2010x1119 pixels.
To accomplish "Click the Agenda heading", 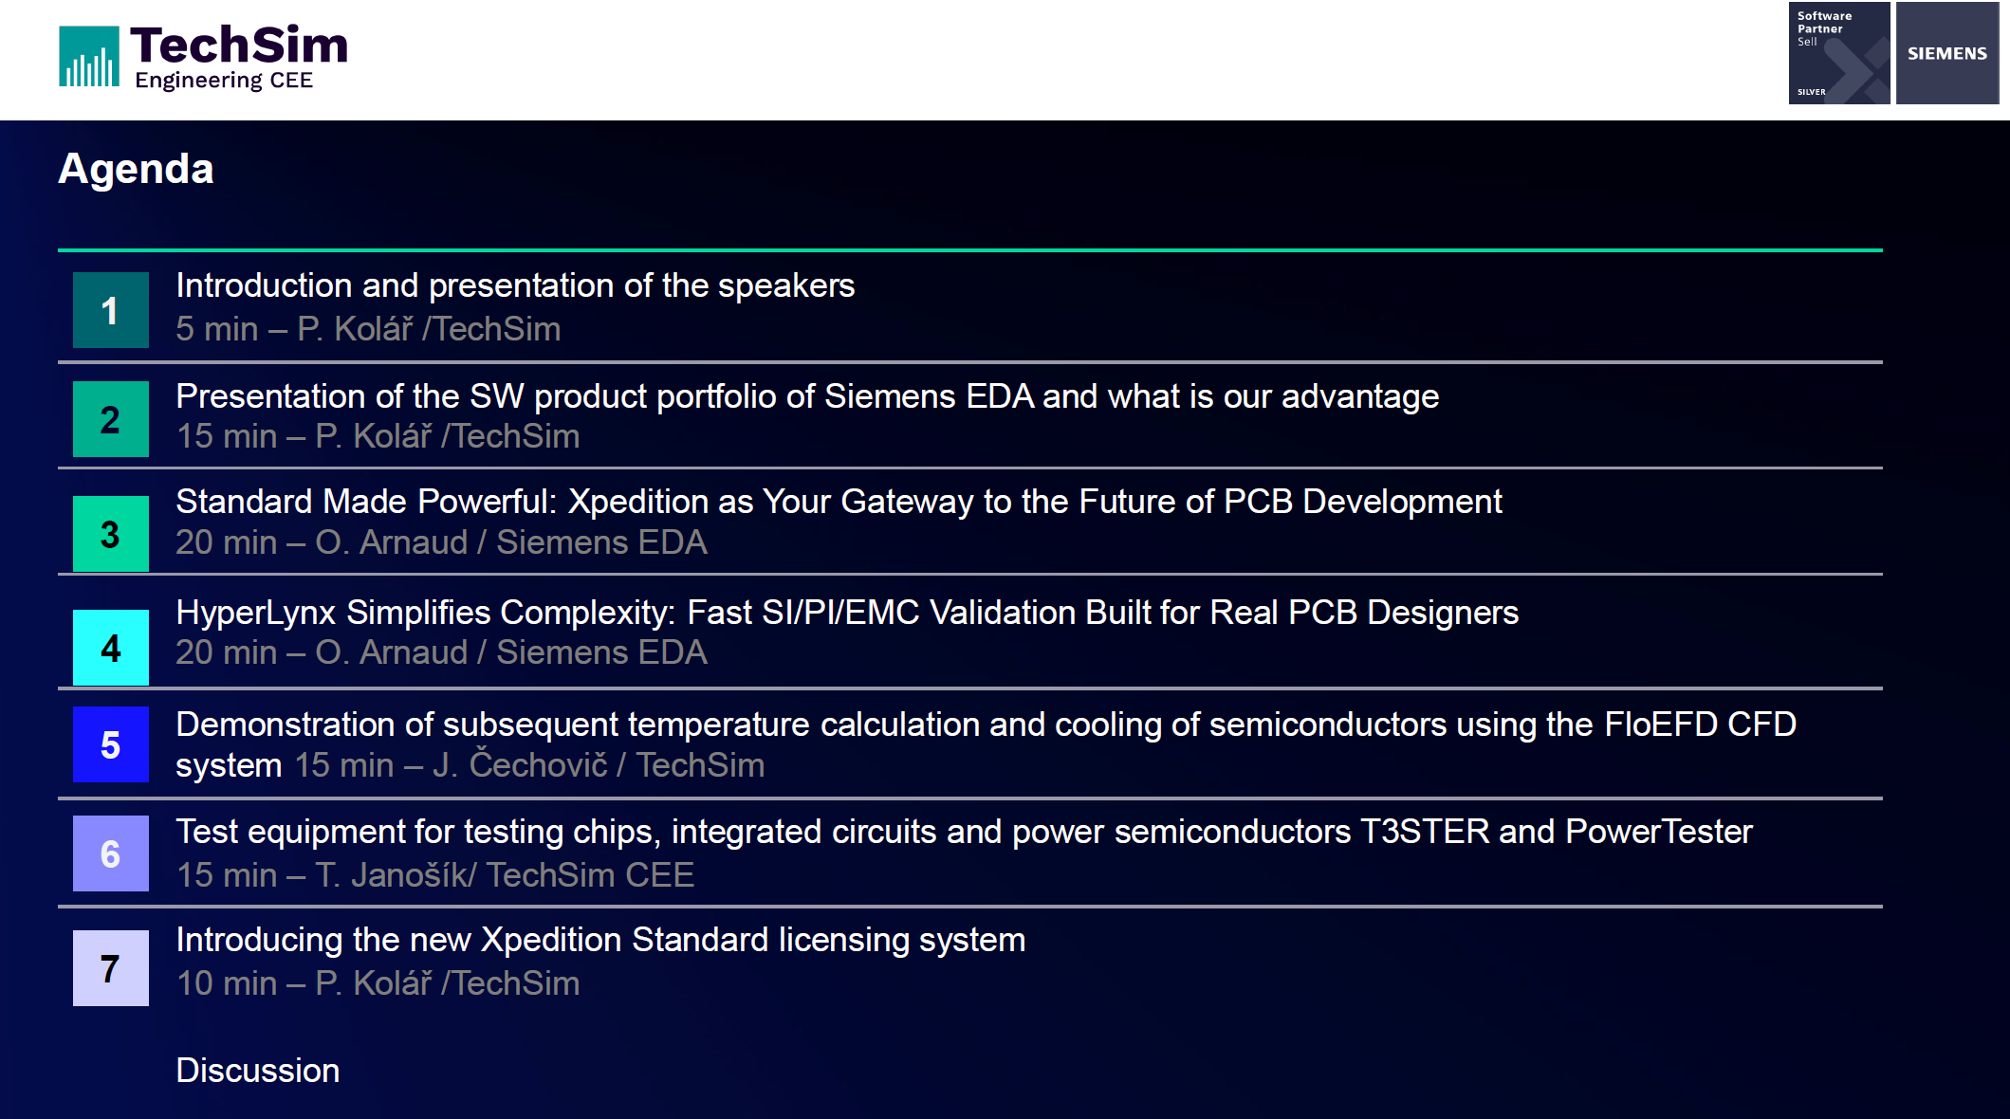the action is [x=136, y=170].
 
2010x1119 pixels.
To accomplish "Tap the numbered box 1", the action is [x=111, y=310].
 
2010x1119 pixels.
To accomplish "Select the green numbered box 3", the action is [x=111, y=534].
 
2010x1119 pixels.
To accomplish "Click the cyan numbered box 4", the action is [x=111, y=648].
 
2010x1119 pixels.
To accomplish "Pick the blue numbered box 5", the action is [x=111, y=744].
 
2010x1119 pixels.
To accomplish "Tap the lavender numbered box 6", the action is [x=111, y=853].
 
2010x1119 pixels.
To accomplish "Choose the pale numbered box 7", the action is [x=111, y=968].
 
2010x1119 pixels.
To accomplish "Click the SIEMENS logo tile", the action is [x=1947, y=53].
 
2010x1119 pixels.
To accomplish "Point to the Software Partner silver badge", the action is [x=1839, y=53].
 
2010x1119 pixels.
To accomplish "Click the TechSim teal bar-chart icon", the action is [x=89, y=57].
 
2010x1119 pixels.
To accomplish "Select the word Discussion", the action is [x=258, y=1071].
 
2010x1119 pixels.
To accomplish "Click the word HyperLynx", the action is [x=256, y=614].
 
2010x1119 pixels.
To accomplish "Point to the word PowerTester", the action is [x=1659, y=832].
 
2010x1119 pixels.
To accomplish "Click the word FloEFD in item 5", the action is [x=1661, y=725].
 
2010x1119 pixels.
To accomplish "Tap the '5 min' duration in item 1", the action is [x=217, y=329].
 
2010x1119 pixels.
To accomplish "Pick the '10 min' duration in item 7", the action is [x=227, y=983].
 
